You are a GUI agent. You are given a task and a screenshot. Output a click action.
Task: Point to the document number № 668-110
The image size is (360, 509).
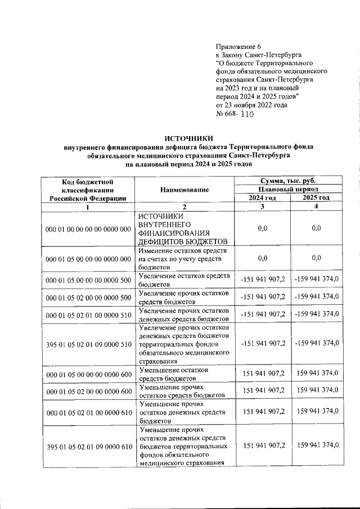(236, 114)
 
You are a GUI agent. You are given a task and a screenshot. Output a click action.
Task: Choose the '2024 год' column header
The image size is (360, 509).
(263, 198)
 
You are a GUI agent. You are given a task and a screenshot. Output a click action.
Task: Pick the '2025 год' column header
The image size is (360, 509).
(316, 198)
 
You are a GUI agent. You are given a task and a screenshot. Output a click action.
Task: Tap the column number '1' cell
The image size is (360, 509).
(87, 206)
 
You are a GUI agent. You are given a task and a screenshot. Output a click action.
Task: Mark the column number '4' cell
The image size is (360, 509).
(316, 206)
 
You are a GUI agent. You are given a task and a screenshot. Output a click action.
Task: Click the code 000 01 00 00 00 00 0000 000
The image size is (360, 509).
(87, 228)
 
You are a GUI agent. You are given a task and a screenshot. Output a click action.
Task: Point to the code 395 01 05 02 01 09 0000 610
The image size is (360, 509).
(87, 446)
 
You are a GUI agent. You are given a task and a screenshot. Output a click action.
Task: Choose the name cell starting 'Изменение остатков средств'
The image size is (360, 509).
(183, 258)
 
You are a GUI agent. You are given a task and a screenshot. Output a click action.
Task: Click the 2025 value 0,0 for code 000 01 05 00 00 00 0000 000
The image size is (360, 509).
(316, 258)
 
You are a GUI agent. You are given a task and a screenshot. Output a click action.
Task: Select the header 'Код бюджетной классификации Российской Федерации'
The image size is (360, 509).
(87, 190)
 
